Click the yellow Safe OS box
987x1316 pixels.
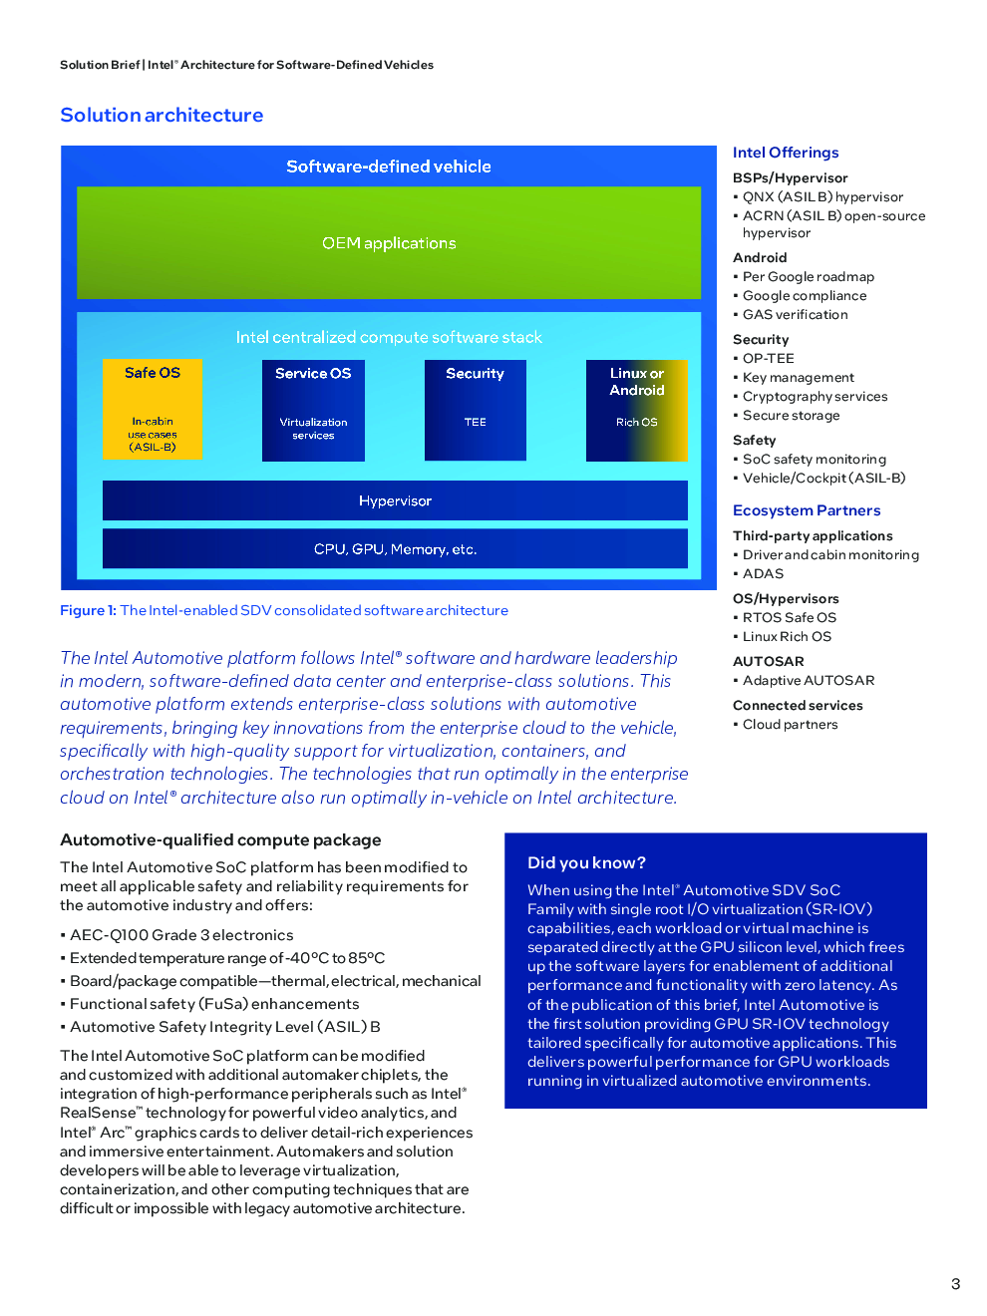tap(153, 409)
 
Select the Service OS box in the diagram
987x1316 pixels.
tap(313, 410)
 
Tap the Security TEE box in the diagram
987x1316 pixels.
tap(475, 410)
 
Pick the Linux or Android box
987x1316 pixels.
tap(636, 410)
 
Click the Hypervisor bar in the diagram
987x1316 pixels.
tap(395, 500)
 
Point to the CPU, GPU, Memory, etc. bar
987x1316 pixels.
tap(395, 548)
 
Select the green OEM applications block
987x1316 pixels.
tap(389, 243)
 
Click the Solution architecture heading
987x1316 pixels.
tap(162, 115)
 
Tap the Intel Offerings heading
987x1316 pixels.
tap(786, 153)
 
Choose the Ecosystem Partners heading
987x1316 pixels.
tap(807, 510)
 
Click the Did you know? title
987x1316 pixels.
tap(586, 862)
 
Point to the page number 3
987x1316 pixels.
tap(955, 1284)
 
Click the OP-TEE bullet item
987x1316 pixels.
tap(768, 358)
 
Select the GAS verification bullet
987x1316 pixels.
tap(795, 314)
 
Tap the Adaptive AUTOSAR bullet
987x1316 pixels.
tap(808, 680)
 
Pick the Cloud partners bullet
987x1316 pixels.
tap(790, 724)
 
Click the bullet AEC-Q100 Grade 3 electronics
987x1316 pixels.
tap(181, 935)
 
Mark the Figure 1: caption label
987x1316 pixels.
tap(88, 610)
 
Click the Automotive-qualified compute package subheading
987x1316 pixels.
tap(220, 839)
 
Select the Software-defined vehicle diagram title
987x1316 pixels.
tap(389, 166)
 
